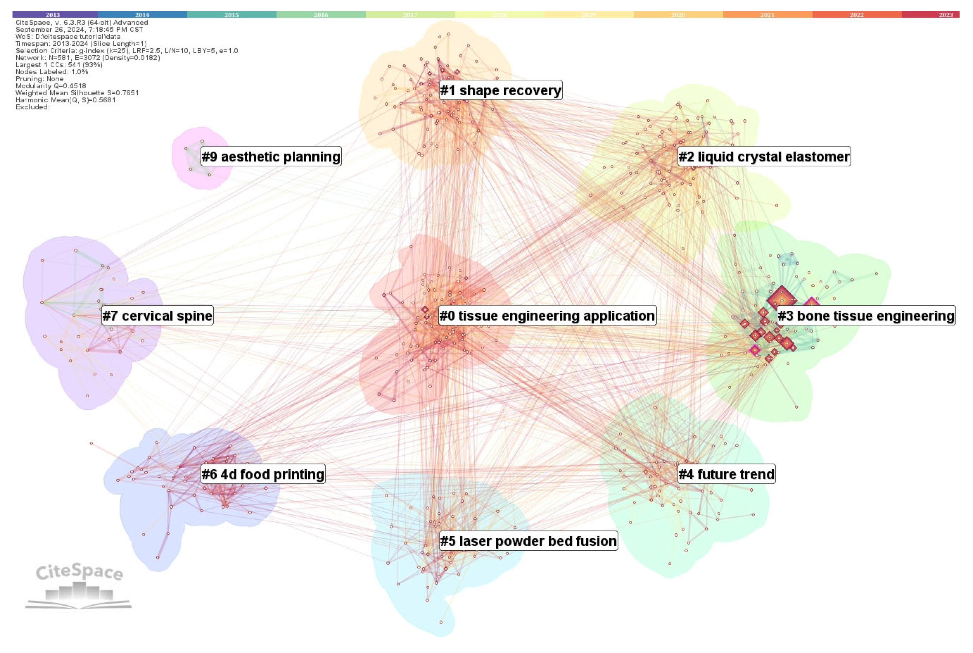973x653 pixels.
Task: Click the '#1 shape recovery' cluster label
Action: click(x=500, y=90)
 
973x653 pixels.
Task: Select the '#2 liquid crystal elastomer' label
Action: click(x=764, y=157)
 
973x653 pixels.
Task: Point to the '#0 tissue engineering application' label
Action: click(x=547, y=316)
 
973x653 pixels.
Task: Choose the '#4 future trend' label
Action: click(x=726, y=474)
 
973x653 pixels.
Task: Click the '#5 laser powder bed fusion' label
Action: click(x=528, y=541)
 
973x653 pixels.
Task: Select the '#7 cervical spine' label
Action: click(x=158, y=316)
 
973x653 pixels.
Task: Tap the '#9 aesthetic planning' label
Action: click(x=271, y=157)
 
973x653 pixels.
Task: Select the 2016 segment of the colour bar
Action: click(x=321, y=15)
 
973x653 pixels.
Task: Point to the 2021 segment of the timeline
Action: click(x=767, y=15)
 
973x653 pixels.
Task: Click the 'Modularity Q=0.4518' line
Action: click(x=51, y=86)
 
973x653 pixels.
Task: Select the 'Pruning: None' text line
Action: click(x=40, y=79)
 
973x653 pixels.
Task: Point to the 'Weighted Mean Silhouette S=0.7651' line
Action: click(x=77, y=93)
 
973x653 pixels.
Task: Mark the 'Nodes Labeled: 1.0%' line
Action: click(x=52, y=72)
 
